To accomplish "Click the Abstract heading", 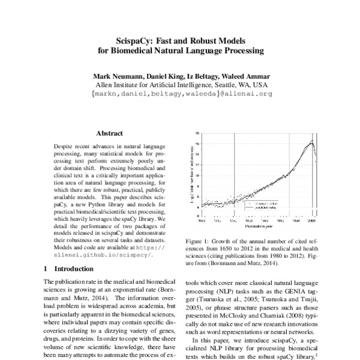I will (109, 133).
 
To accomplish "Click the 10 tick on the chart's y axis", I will (197, 174).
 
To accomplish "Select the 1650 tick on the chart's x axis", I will (202, 221).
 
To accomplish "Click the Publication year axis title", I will (259, 227).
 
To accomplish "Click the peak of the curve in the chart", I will (311, 141).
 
